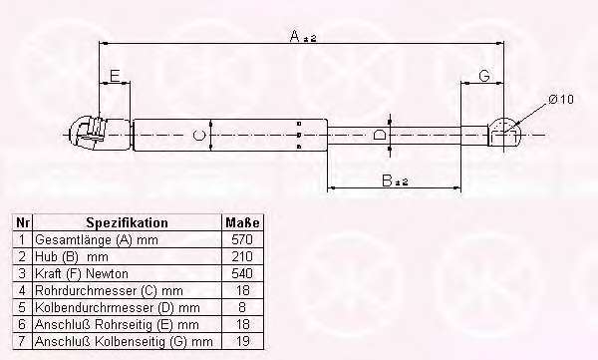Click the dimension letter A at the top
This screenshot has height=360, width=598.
click(x=295, y=36)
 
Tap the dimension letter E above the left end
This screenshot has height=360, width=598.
click(x=115, y=76)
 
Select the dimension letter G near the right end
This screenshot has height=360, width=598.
click(x=484, y=76)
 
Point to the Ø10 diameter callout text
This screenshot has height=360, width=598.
click(x=561, y=100)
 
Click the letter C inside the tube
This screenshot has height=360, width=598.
click(x=199, y=136)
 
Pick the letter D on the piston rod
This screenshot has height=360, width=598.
click(x=379, y=136)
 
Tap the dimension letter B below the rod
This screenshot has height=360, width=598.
click(x=387, y=180)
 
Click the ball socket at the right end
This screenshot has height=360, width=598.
click(x=503, y=132)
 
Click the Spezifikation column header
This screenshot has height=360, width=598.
click(x=127, y=222)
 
